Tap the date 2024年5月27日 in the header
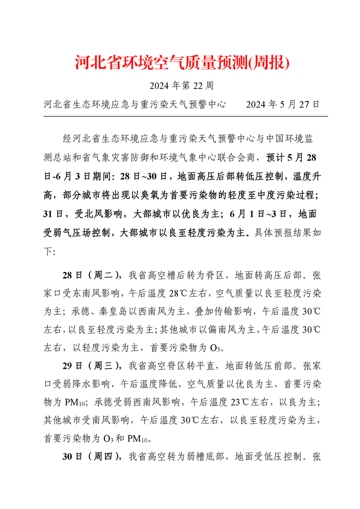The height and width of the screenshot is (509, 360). pyautogui.click(x=283, y=104)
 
